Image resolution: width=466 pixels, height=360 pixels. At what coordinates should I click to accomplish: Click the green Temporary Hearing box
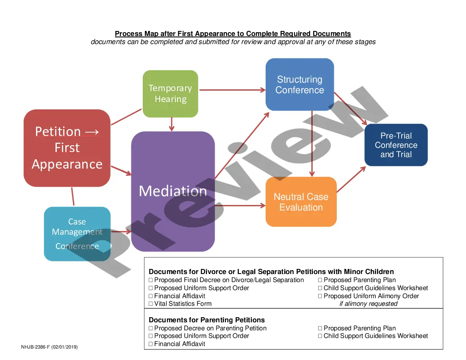(x=170, y=94)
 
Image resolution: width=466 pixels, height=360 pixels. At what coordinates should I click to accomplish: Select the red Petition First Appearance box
(x=67, y=148)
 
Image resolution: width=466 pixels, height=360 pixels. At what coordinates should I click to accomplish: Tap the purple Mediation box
(x=173, y=191)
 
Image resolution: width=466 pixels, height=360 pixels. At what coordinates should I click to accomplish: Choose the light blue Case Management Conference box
(x=77, y=234)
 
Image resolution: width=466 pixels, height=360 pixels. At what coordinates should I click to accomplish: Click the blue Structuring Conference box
(x=300, y=85)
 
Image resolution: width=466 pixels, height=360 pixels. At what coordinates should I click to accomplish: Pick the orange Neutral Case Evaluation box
(x=301, y=202)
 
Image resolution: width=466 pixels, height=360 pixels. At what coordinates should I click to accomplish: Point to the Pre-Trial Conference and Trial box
(x=396, y=145)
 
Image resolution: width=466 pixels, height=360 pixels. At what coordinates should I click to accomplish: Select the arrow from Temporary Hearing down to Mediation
(x=171, y=124)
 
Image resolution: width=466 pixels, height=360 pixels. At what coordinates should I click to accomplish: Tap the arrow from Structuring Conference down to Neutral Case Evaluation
(x=312, y=144)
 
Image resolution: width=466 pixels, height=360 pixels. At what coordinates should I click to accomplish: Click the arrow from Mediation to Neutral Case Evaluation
(x=240, y=206)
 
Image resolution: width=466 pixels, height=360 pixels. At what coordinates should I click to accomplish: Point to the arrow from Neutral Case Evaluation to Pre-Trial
(x=351, y=180)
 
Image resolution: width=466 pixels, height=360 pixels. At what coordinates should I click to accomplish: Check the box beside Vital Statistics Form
(x=151, y=304)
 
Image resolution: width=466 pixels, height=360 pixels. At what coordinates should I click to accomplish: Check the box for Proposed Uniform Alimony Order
(x=320, y=296)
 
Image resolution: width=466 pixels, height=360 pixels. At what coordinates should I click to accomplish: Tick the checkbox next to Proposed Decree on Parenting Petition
(x=151, y=328)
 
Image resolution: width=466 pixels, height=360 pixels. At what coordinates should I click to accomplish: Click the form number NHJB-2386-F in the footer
(x=49, y=347)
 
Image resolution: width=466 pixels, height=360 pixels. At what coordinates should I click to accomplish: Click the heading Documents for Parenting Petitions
(x=207, y=320)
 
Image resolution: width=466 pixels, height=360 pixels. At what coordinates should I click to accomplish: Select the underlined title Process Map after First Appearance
(x=233, y=34)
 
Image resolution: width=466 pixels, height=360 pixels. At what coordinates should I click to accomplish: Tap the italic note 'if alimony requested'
(x=369, y=304)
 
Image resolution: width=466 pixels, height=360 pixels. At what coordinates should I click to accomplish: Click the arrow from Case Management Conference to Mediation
(x=121, y=232)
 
